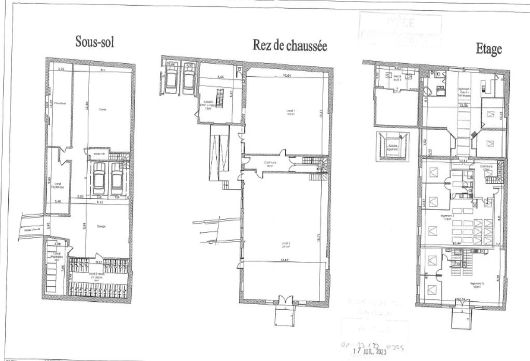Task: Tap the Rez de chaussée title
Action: (x=289, y=46)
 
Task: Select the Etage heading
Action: (x=489, y=49)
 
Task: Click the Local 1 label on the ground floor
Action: (x=291, y=112)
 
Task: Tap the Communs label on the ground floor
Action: (x=269, y=164)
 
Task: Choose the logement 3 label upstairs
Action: (x=477, y=284)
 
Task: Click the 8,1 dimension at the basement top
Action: (x=102, y=70)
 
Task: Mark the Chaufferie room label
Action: (x=59, y=104)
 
